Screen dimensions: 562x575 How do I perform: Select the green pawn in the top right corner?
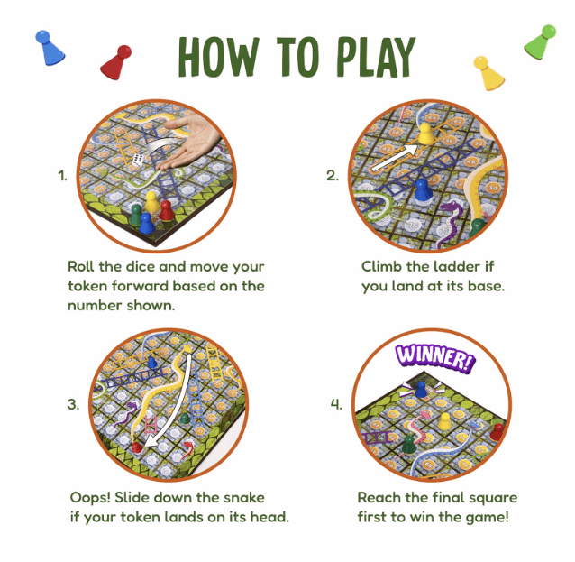(541, 41)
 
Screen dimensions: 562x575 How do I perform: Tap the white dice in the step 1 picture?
(137, 161)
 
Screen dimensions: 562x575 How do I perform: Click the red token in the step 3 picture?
(137, 445)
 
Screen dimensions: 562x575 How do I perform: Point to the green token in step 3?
(185, 419)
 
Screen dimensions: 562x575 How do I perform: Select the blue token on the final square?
(420, 390)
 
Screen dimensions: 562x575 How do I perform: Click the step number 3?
(73, 405)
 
